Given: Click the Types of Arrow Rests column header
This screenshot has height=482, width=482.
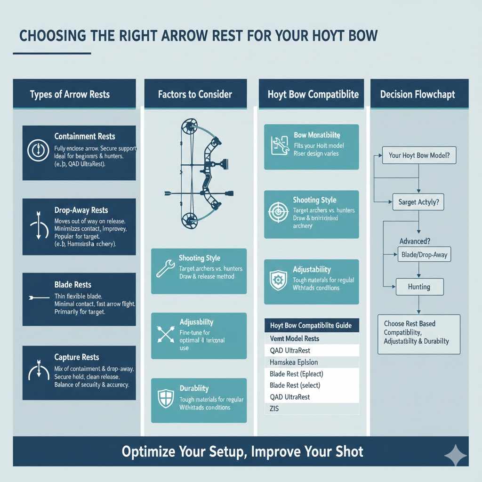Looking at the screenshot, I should pyautogui.click(x=70, y=94).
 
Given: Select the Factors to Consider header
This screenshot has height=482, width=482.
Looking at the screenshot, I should pyautogui.click(x=195, y=94).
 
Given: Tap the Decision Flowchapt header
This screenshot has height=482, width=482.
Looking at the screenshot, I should pyautogui.click(x=418, y=94).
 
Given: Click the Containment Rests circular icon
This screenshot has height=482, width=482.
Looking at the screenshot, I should pyautogui.click(x=36, y=151).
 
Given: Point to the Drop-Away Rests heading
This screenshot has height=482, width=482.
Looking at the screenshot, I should pyautogui.click(x=81, y=210).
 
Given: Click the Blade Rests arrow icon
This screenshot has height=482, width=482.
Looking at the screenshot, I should pyautogui.click(x=39, y=297).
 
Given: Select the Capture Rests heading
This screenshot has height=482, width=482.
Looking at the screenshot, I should pyautogui.click(x=77, y=357).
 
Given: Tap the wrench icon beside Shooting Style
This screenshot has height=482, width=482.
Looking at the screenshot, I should pyautogui.click(x=165, y=269).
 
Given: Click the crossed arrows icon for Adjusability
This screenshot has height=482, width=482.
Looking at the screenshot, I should pyautogui.click(x=165, y=334).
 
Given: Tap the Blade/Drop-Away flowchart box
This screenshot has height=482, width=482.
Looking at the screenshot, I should pyautogui.click(x=424, y=255).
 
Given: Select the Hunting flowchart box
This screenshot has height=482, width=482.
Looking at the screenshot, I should pyautogui.click(x=419, y=286).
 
